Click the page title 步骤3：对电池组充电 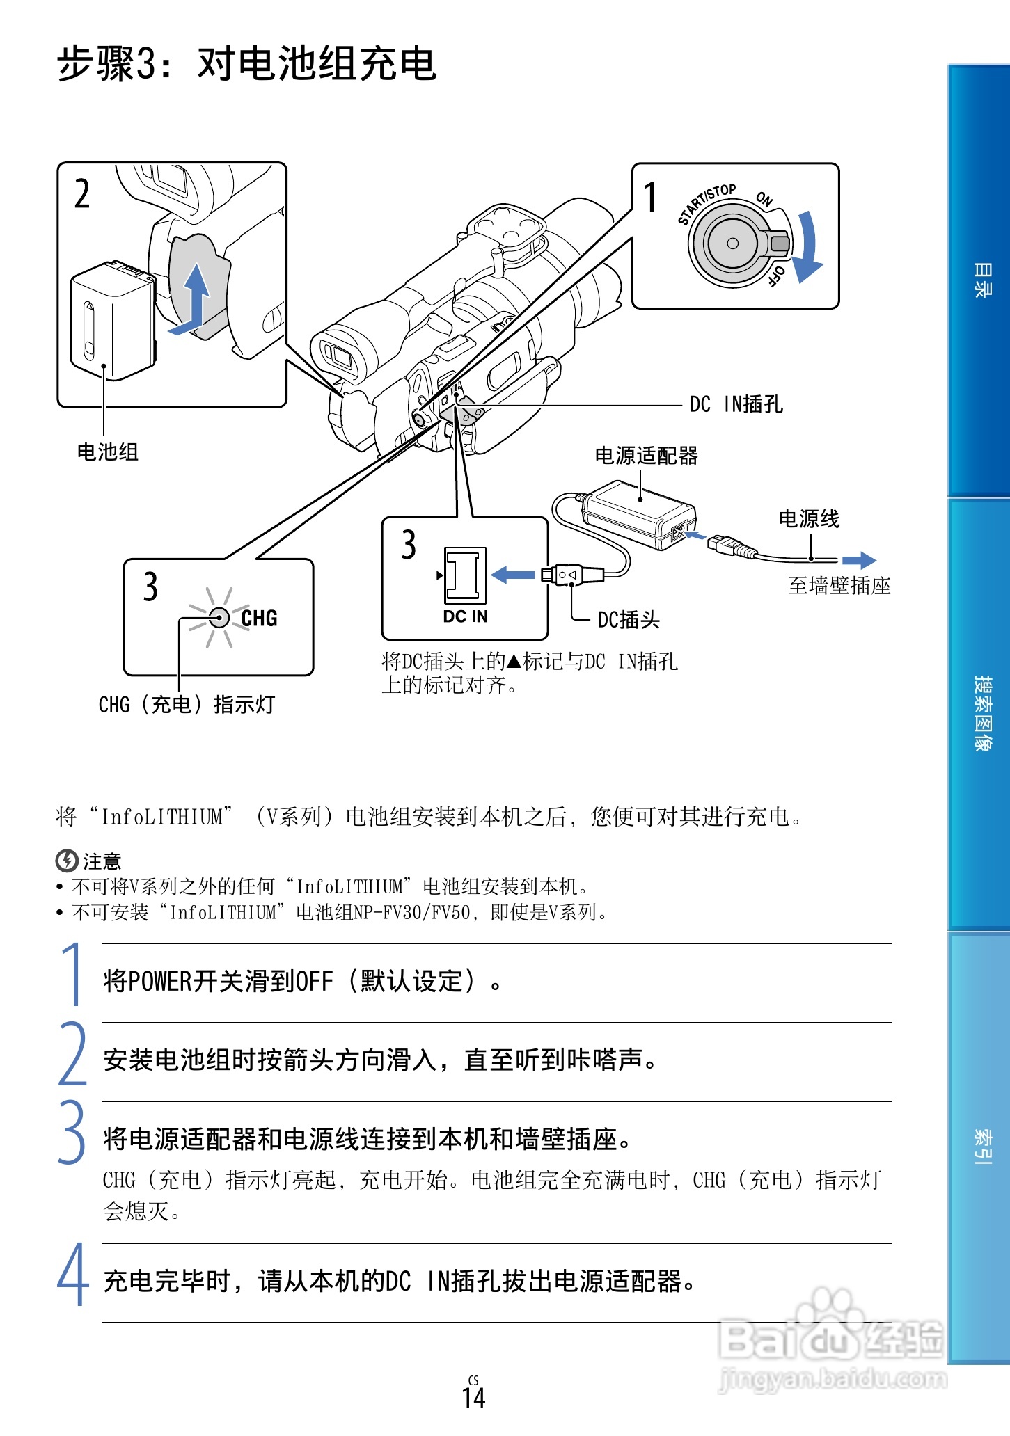point(246,64)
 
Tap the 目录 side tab point(981,280)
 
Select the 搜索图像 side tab point(981,713)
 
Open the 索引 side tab point(981,1147)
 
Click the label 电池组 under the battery point(107,452)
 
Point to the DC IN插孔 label point(736,404)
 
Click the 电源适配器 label point(646,456)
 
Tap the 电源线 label point(808,519)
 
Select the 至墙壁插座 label point(839,586)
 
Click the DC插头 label point(628,619)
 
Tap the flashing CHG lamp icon point(219,617)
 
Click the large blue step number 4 point(72,1275)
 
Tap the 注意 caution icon point(66,861)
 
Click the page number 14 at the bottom point(473,1398)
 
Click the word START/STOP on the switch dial point(705,204)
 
